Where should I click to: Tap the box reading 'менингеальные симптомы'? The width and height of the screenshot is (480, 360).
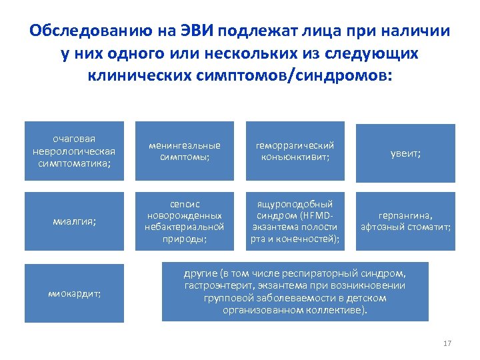tap(185, 151)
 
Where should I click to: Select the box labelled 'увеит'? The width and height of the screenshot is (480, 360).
tap(405, 153)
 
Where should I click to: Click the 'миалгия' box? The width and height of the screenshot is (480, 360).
tap(74, 221)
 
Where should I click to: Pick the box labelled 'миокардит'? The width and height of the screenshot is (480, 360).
tap(74, 293)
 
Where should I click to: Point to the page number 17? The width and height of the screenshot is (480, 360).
tap(447, 343)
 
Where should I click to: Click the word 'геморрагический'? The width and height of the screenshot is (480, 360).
tap(295, 145)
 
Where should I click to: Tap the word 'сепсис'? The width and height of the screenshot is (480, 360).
tap(185, 204)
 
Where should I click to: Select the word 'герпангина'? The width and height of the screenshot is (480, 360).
tap(405, 215)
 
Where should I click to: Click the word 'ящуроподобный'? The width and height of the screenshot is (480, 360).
tap(295, 204)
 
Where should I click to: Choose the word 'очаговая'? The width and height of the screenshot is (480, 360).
tap(74, 139)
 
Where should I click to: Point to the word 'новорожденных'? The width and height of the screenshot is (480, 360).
tap(185, 215)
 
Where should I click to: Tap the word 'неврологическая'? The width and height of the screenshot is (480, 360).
tap(74, 151)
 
